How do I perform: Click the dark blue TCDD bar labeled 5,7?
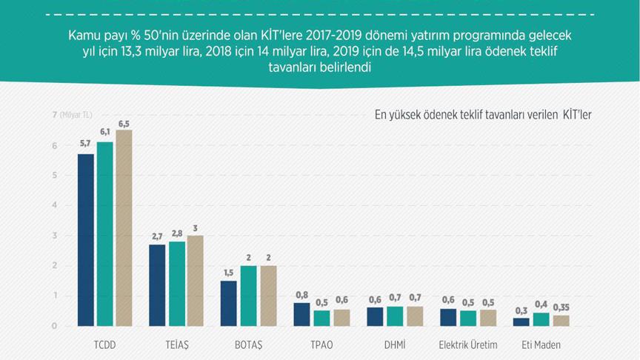(86, 240)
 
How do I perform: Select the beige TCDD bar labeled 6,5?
(124, 228)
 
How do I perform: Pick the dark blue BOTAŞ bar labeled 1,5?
(229, 303)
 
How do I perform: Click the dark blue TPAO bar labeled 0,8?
(301, 314)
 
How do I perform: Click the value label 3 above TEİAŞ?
(196, 227)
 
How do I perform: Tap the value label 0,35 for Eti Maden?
(562, 307)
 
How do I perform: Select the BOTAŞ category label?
(248, 345)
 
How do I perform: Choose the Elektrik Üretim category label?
(467, 345)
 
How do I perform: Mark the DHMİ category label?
(393, 345)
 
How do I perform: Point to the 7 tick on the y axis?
(54, 115)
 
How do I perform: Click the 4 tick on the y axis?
(54, 205)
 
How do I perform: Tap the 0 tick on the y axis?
(54, 326)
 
